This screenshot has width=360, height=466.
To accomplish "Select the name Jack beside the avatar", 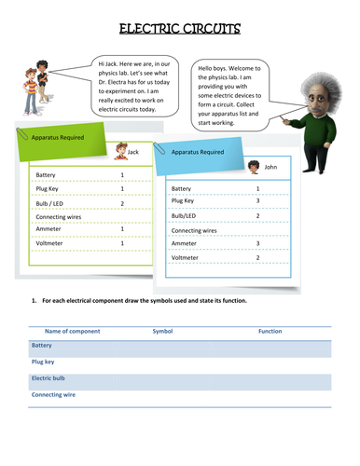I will click(x=132, y=151).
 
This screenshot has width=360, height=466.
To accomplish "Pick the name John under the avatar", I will click(x=270, y=167).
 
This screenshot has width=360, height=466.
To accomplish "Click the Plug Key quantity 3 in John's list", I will click(x=257, y=200).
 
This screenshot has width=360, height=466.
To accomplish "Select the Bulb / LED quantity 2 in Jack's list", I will click(x=122, y=202).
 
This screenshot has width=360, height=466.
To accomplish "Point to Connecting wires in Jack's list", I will click(x=58, y=216).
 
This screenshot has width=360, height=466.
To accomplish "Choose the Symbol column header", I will click(x=162, y=330).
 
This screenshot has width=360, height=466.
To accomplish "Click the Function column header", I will click(x=270, y=330).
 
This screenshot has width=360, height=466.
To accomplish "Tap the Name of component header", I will click(x=72, y=330).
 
